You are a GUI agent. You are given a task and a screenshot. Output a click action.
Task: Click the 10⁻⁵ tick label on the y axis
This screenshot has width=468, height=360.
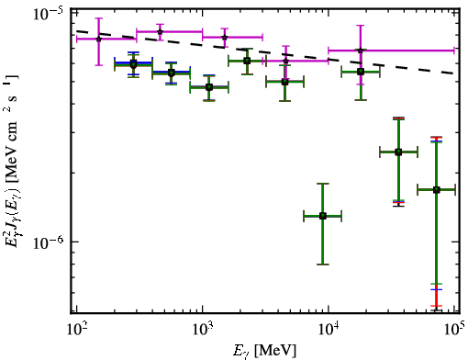tap(48, 14)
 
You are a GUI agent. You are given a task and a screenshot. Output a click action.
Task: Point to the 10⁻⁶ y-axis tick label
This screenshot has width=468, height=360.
tap(48, 242)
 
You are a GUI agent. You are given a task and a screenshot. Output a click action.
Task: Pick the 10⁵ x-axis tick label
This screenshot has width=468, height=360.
tap(455, 329)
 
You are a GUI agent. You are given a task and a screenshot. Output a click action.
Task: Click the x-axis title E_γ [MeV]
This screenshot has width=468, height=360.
tap(264, 351)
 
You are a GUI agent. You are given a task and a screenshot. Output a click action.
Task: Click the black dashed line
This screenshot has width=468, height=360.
tap(265, 51)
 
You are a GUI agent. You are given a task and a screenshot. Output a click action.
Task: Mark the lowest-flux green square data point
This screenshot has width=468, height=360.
tap(323, 216)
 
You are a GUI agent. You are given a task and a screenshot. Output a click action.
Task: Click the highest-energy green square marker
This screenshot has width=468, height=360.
tap(437, 190)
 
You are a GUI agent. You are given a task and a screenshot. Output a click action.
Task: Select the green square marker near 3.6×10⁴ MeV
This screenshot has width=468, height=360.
tap(398, 152)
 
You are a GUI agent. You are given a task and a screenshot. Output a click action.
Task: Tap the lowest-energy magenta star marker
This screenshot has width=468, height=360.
tap(98, 39)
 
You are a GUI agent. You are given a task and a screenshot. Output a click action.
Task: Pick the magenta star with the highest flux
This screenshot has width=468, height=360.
tap(160, 31)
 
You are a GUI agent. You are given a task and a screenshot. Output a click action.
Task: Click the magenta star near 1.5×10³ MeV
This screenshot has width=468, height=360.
tap(225, 38)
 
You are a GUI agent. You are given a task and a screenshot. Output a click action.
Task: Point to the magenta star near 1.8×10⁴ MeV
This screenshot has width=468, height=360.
tap(361, 51)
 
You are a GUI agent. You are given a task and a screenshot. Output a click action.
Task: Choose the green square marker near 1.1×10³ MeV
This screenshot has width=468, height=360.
tap(209, 87)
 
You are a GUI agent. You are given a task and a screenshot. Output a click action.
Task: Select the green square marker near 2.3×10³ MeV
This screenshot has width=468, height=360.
tap(247, 61)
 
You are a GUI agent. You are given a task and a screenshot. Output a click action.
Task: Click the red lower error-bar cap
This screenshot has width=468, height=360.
tap(437, 306)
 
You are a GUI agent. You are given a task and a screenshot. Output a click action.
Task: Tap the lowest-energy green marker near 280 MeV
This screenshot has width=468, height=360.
tap(133, 64)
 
